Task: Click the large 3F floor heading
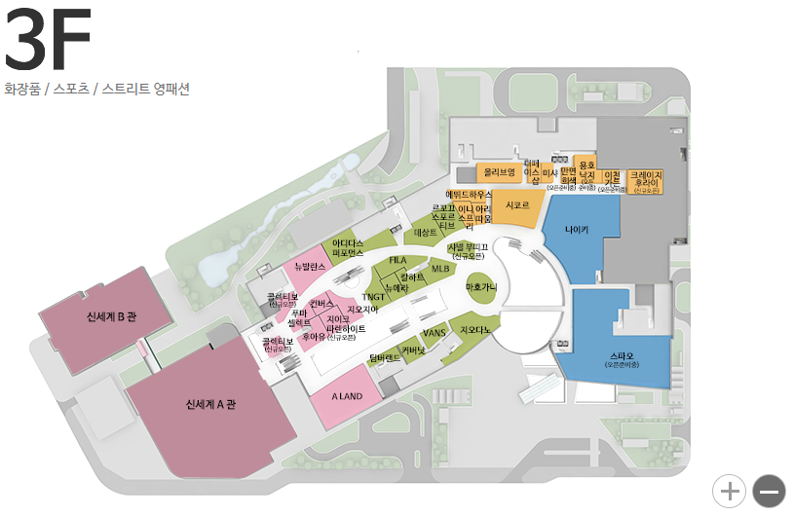[x=49, y=41]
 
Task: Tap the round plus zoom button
[x=729, y=491]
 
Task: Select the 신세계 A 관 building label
[x=210, y=403]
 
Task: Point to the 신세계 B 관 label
[x=111, y=316]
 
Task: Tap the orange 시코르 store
[x=516, y=205]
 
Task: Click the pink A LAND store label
[x=347, y=396]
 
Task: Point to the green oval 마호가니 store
[x=481, y=288]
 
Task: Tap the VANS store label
[x=434, y=333]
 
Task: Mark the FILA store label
[x=397, y=261]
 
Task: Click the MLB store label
[x=440, y=268]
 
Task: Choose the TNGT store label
[x=373, y=296]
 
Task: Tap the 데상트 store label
[x=426, y=233]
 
